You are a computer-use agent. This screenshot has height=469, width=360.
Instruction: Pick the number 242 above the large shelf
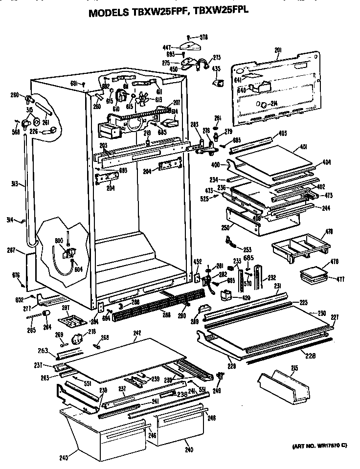coord(137,334)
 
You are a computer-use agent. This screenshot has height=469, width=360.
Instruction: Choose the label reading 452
coord(198,261)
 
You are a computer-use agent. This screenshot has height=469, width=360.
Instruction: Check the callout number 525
coord(204,199)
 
